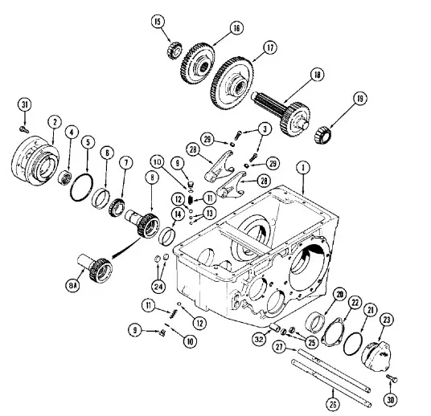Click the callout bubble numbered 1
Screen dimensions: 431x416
click(303, 168)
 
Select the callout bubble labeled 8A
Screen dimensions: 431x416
click(72, 286)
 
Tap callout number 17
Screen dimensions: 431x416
click(270, 47)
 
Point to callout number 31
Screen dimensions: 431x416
click(25, 104)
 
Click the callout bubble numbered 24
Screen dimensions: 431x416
click(158, 287)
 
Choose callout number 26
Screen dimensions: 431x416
click(333, 404)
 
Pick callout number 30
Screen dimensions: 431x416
click(391, 400)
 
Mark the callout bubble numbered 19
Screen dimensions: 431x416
click(359, 99)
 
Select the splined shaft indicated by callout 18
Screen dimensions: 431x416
click(281, 112)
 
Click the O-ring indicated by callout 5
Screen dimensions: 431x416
click(82, 187)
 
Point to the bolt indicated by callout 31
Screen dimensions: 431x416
click(24, 129)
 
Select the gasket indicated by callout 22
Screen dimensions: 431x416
click(334, 332)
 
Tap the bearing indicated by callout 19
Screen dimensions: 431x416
click(323, 134)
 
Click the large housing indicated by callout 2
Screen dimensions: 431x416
click(35, 161)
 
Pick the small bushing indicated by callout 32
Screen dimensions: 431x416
click(275, 327)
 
